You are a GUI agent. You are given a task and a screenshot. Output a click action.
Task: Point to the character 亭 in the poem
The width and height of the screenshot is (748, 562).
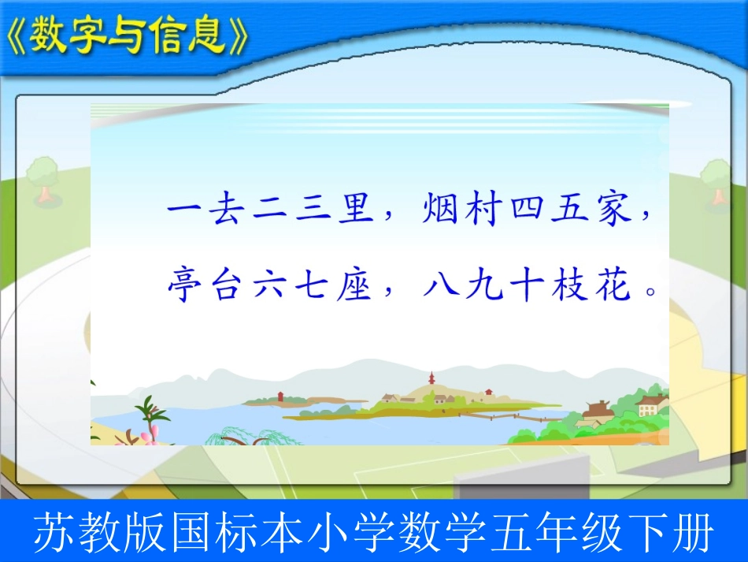(x=182, y=286)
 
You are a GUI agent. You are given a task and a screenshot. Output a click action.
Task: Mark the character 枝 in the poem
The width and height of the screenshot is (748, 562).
(x=568, y=286)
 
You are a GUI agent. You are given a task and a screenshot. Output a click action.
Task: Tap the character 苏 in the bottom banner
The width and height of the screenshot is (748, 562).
(x=53, y=534)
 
